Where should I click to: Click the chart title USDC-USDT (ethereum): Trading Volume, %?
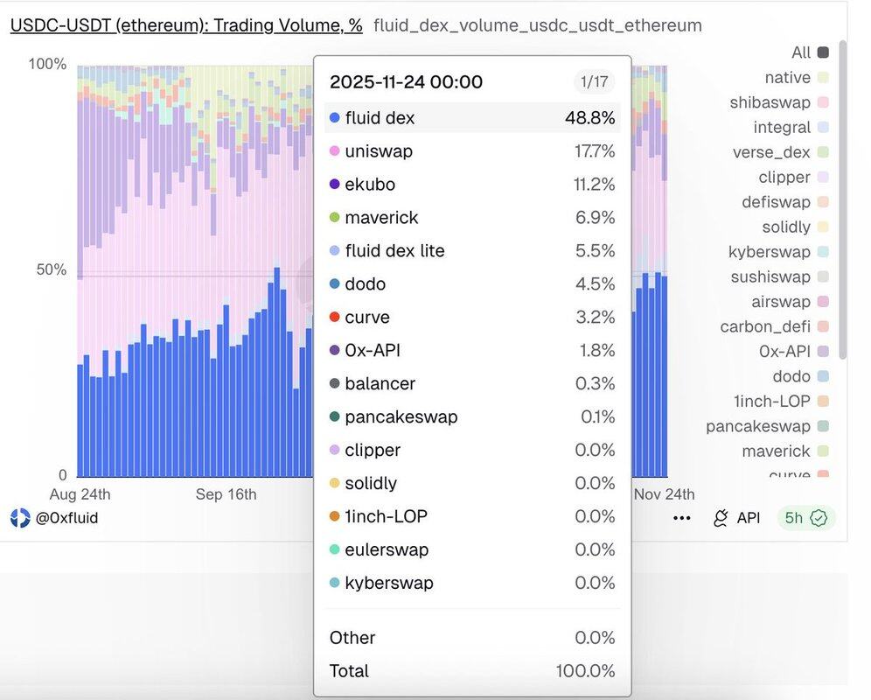[x=186, y=25]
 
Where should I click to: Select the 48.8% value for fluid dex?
[x=589, y=118]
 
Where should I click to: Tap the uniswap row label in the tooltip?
[x=379, y=151]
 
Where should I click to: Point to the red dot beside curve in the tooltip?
[x=334, y=318]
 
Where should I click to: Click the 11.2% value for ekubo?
[x=595, y=185]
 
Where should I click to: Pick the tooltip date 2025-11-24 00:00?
[x=406, y=82]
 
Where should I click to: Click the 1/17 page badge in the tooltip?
[x=595, y=82]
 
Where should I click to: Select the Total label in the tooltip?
[x=349, y=671]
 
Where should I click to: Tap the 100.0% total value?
[x=585, y=671]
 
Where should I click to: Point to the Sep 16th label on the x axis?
[x=226, y=494]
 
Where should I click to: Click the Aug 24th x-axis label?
[x=80, y=494]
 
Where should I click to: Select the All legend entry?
[x=801, y=52]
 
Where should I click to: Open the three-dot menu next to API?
[x=682, y=518]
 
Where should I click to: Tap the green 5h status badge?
[x=805, y=518]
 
